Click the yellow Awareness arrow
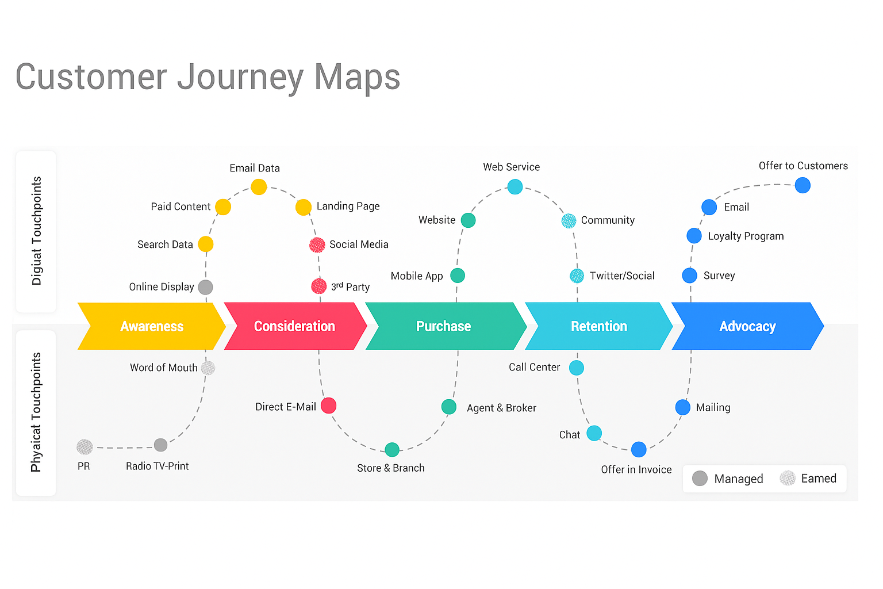tap(152, 326)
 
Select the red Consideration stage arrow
tap(295, 326)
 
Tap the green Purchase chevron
tap(444, 326)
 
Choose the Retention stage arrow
tap(598, 326)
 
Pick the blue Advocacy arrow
tap(747, 326)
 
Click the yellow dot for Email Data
tap(259, 186)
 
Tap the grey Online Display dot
tap(205, 287)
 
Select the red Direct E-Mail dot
tap(328, 406)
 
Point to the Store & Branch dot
tap(392, 449)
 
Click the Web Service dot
tap(515, 186)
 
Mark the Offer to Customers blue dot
tap(803, 185)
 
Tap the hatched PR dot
tap(85, 447)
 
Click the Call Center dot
tap(577, 368)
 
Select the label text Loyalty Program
tap(746, 236)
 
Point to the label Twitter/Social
tap(622, 276)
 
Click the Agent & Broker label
tap(501, 408)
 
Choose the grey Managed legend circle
tap(700, 479)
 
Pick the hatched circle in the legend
tap(788, 478)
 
